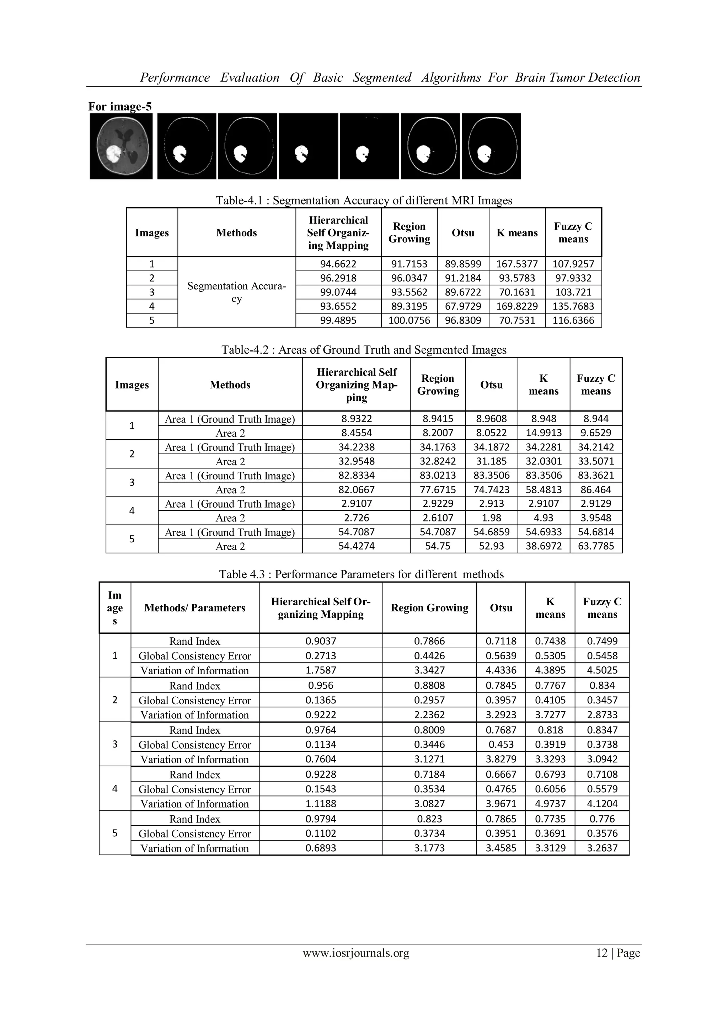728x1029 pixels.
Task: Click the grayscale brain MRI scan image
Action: (x=121, y=146)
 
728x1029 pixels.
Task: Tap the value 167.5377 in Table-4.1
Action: (x=516, y=264)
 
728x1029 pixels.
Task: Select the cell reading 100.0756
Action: (x=409, y=321)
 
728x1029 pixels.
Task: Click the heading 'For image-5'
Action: (x=120, y=107)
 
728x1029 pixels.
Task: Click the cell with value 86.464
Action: (x=595, y=490)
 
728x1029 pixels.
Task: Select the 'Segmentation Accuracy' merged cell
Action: (x=236, y=292)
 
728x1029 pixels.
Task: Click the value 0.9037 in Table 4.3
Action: (x=321, y=641)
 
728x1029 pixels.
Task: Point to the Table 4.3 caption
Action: (x=361, y=574)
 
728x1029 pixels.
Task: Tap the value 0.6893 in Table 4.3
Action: (x=321, y=848)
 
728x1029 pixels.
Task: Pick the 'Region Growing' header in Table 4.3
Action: (x=429, y=608)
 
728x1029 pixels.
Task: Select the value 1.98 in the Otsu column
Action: (x=491, y=518)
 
